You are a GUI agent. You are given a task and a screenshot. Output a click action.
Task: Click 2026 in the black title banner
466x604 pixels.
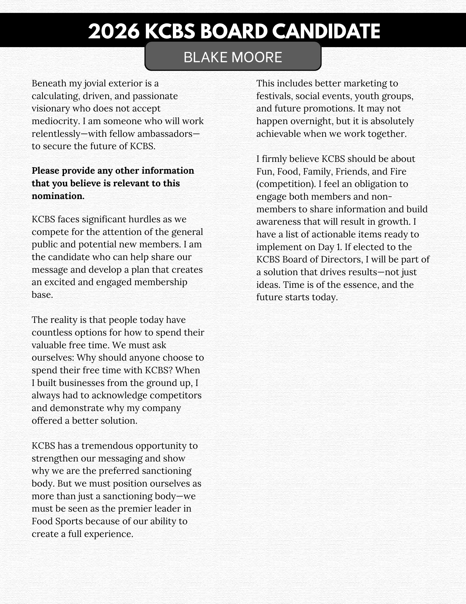[x=114, y=31]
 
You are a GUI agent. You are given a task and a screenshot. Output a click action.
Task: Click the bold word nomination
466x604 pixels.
[x=58, y=196]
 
